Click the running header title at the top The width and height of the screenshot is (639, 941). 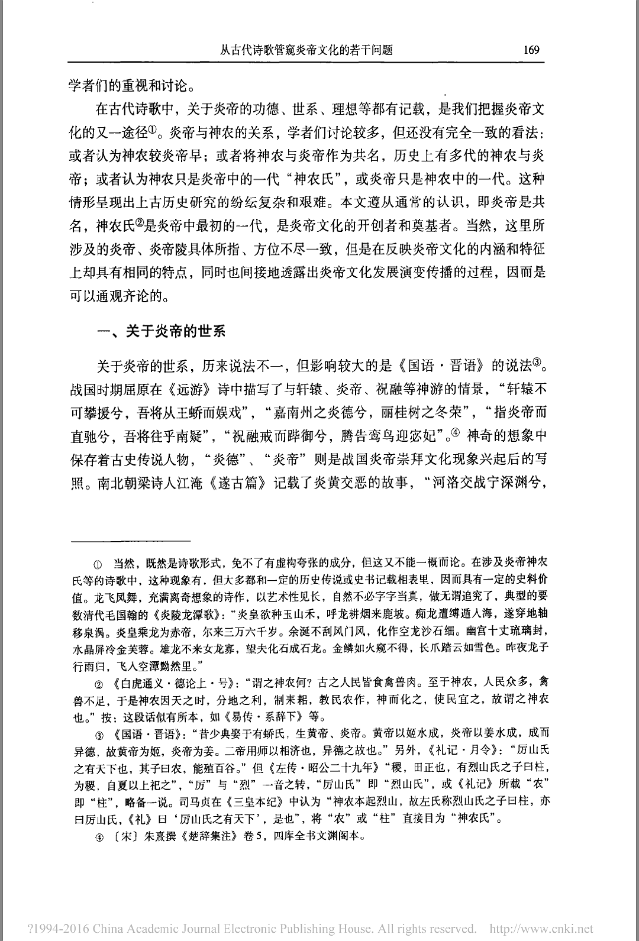click(x=306, y=50)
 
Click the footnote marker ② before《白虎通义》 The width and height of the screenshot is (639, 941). click(x=99, y=684)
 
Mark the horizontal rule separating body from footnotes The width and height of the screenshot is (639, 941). click(x=130, y=541)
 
